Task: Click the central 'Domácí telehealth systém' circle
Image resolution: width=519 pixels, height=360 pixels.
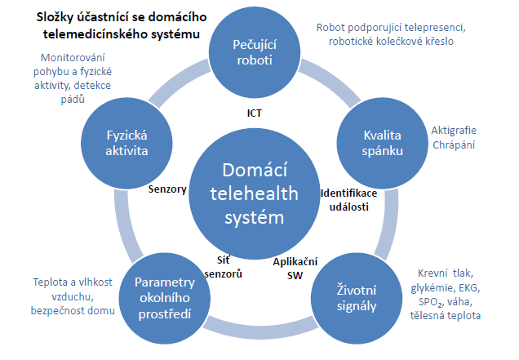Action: coord(255,193)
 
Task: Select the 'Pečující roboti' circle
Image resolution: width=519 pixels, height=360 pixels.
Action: coord(255,52)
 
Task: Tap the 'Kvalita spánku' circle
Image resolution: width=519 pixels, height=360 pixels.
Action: coord(382,143)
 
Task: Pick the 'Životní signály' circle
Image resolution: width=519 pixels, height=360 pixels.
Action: coord(357,298)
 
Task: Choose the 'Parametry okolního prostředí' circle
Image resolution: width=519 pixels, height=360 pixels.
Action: coord(165,298)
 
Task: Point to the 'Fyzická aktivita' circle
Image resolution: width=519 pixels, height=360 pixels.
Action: coord(126,143)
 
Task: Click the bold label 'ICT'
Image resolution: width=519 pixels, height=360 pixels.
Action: coord(255,113)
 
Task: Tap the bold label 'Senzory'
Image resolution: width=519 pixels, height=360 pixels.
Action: coord(167,189)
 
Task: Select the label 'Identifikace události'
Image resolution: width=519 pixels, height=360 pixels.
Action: coord(349,200)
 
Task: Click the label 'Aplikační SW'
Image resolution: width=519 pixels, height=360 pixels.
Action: coord(295,269)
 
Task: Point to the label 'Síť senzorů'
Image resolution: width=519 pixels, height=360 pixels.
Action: coord(224,267)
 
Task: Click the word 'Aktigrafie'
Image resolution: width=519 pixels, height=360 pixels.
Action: coord(454,131)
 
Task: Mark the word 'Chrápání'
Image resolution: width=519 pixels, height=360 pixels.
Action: coord(454,144)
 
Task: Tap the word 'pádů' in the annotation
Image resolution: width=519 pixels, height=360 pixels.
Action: coord(73,99)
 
